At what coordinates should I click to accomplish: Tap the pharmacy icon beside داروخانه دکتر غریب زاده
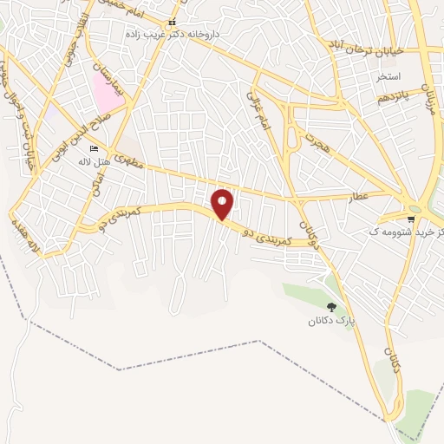172,23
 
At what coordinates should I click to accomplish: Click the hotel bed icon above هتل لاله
95,150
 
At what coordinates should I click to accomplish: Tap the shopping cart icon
410,219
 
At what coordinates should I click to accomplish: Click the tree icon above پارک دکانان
331,307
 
